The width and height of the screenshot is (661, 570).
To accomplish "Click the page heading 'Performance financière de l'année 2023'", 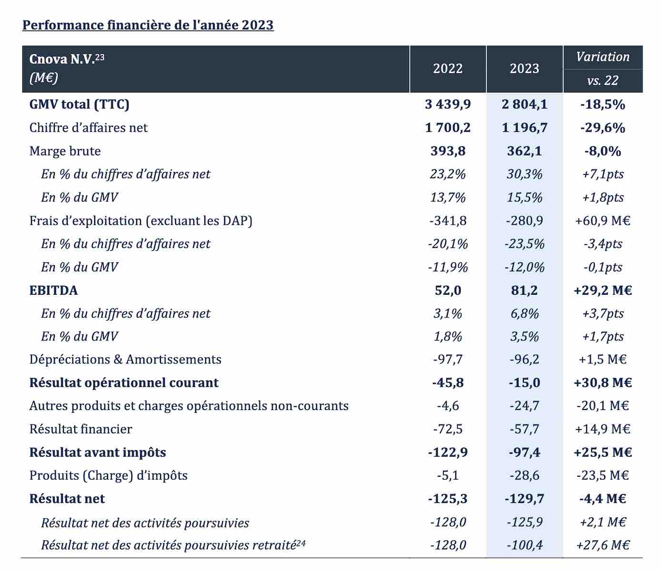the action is tap(148, 25).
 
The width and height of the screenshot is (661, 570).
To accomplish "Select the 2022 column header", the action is tap(448, 69).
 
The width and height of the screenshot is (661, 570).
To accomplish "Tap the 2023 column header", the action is tap(524, 69).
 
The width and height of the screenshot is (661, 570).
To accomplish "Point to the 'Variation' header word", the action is tap(603, 57).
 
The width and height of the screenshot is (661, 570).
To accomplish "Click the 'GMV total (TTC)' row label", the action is tap(80, 105).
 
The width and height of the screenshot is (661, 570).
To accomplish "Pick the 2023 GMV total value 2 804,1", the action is tap(524, 105).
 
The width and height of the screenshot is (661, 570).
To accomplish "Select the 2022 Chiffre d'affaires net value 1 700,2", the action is tap(448, 128).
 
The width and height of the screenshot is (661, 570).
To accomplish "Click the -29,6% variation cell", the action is tap(603, 128).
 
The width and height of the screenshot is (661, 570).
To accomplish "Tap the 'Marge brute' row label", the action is tap(65, 151).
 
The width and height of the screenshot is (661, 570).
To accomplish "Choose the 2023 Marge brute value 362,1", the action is tap(524, 151).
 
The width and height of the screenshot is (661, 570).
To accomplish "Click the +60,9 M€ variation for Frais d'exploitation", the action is tap(603, 220).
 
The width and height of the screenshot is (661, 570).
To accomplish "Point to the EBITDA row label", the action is tap(53, 290).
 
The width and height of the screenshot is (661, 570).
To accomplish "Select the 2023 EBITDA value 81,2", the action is tap(524, 290).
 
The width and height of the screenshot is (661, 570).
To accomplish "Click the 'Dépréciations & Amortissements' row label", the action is tap(125, 360).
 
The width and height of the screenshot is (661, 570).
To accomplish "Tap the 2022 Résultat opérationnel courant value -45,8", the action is tap(448, 383).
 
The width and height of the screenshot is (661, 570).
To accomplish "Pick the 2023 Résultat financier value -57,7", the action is tap(524, 429).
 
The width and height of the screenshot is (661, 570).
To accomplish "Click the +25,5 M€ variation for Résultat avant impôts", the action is tap(603, 452).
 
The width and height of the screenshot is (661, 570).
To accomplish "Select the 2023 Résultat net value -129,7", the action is tap(524, 499).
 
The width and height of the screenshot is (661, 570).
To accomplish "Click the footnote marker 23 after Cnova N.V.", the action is tap(100, 58).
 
